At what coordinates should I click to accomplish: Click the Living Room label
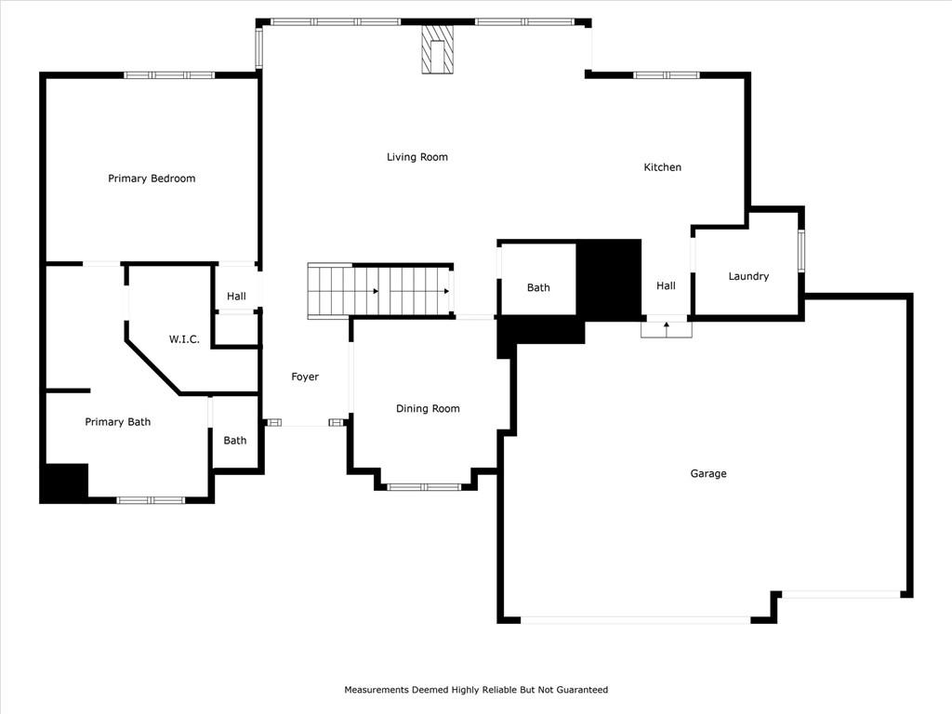[x=417, y=157]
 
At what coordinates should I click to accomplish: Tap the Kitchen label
[x=662, y=167]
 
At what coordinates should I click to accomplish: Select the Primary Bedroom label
[x=152, y=178]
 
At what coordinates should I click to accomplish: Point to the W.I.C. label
[x=184, y=339]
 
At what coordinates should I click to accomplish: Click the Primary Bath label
[x=118, y=422]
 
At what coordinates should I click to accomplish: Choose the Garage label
[x=707, y=473]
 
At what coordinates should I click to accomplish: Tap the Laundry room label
[x=748, y=276]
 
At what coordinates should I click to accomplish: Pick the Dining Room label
[x=428, y=409]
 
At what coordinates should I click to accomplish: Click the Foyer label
[x=305, y=377]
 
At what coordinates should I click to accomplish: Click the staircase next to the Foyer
[x=380, y=291]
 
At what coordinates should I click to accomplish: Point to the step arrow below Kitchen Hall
[x=667, y=328]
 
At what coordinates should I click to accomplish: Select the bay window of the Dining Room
[x=425, y=487]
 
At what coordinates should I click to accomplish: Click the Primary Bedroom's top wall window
[x=169, y=75]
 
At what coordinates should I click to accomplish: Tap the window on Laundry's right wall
[x=801, y=250]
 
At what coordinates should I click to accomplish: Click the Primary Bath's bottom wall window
[x=151, y=500]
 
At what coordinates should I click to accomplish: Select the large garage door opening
[x=636, y=620]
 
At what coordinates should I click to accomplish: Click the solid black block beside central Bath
[x=608, y=277]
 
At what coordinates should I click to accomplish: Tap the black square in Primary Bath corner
[x=64, y=483]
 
